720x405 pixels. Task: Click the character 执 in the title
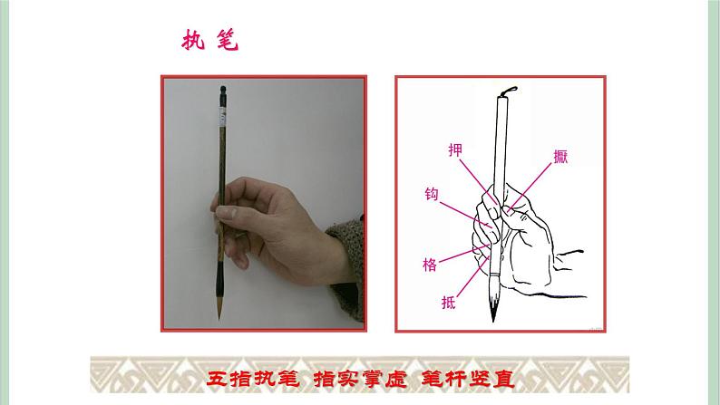193,40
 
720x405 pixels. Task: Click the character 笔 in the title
228,40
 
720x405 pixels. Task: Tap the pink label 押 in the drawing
455,150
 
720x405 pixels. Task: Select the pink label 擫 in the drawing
560,157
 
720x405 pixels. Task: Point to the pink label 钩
432,194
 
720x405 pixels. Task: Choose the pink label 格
430,265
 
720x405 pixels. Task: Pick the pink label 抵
449,303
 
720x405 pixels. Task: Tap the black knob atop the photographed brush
223,89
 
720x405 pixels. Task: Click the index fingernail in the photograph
226,212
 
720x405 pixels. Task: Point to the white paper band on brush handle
223,118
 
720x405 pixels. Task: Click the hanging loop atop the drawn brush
510,91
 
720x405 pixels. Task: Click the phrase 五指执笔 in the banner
253,379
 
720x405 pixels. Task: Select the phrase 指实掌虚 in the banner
361,379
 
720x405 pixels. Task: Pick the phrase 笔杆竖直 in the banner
468,379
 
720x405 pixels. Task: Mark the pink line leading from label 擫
530,187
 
